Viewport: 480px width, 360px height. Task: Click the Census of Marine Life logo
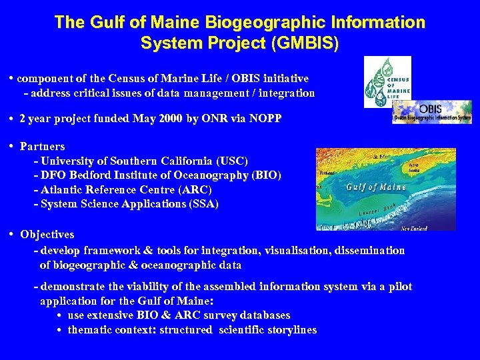(387, 81)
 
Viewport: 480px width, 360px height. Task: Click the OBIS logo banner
(432, 112)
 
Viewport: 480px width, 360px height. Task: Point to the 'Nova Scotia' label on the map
(415, 166)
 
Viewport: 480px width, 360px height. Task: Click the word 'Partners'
(43, 146)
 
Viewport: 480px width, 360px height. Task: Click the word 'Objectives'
(47, 234)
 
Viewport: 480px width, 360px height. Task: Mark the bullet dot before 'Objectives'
(13, 234)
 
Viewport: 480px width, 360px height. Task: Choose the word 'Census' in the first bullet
(129, 79)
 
